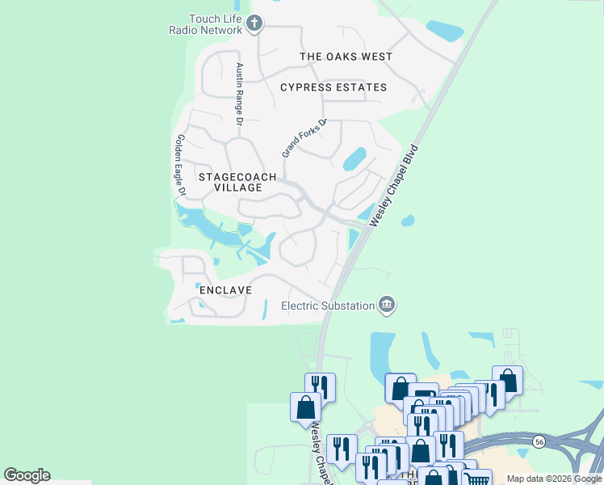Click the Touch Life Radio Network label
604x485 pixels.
click(204, 24)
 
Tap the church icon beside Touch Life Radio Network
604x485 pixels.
click(254, 23)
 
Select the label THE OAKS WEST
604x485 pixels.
click(346, 57)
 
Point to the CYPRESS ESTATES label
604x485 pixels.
click(333, 87)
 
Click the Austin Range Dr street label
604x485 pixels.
click(239, 95)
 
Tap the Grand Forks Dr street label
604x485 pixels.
click(304, 137)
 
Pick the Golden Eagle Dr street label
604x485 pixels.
click(179, 165)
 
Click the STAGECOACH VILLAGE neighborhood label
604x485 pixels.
click(237, 182)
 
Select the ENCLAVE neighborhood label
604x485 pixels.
click(225, 289)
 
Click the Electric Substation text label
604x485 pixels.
click(328, 306)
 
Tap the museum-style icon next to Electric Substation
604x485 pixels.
click(387, 305)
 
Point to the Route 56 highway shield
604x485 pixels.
click(538, 441)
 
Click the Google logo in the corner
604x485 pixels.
click(27, 475)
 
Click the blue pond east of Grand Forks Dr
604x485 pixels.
click(354, 159)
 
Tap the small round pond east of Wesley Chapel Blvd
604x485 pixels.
click(407, 220)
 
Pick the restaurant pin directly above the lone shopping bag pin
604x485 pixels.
click(320, 385)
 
